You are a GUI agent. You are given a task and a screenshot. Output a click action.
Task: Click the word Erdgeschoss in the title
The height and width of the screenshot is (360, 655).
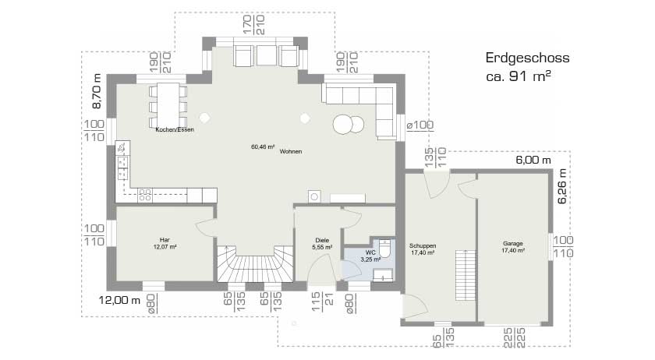pos(527,58)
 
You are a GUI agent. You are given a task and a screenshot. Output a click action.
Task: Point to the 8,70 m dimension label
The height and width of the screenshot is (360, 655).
pos(96,91)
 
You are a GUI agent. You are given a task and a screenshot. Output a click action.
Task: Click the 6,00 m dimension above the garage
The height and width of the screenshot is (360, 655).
pos(533,161)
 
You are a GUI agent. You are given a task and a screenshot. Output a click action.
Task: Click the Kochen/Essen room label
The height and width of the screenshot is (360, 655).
pos(174,129)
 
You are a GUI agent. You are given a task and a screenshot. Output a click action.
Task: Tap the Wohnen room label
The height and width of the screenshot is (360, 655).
pos(290,151)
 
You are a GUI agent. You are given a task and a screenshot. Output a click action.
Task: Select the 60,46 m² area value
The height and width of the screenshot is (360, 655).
pos(262,146)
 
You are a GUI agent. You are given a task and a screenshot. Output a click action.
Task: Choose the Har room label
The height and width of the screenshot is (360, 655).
pos(165,239)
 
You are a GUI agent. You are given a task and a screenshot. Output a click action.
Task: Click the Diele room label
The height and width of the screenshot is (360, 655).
pos(321,240)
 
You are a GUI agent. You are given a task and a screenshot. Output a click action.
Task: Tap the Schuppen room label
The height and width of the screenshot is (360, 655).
pos(422,245)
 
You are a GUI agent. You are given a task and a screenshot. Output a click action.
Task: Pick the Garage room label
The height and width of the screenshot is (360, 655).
pos(512,243)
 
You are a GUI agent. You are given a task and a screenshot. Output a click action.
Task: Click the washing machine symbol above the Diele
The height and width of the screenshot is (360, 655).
pos(314,196)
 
